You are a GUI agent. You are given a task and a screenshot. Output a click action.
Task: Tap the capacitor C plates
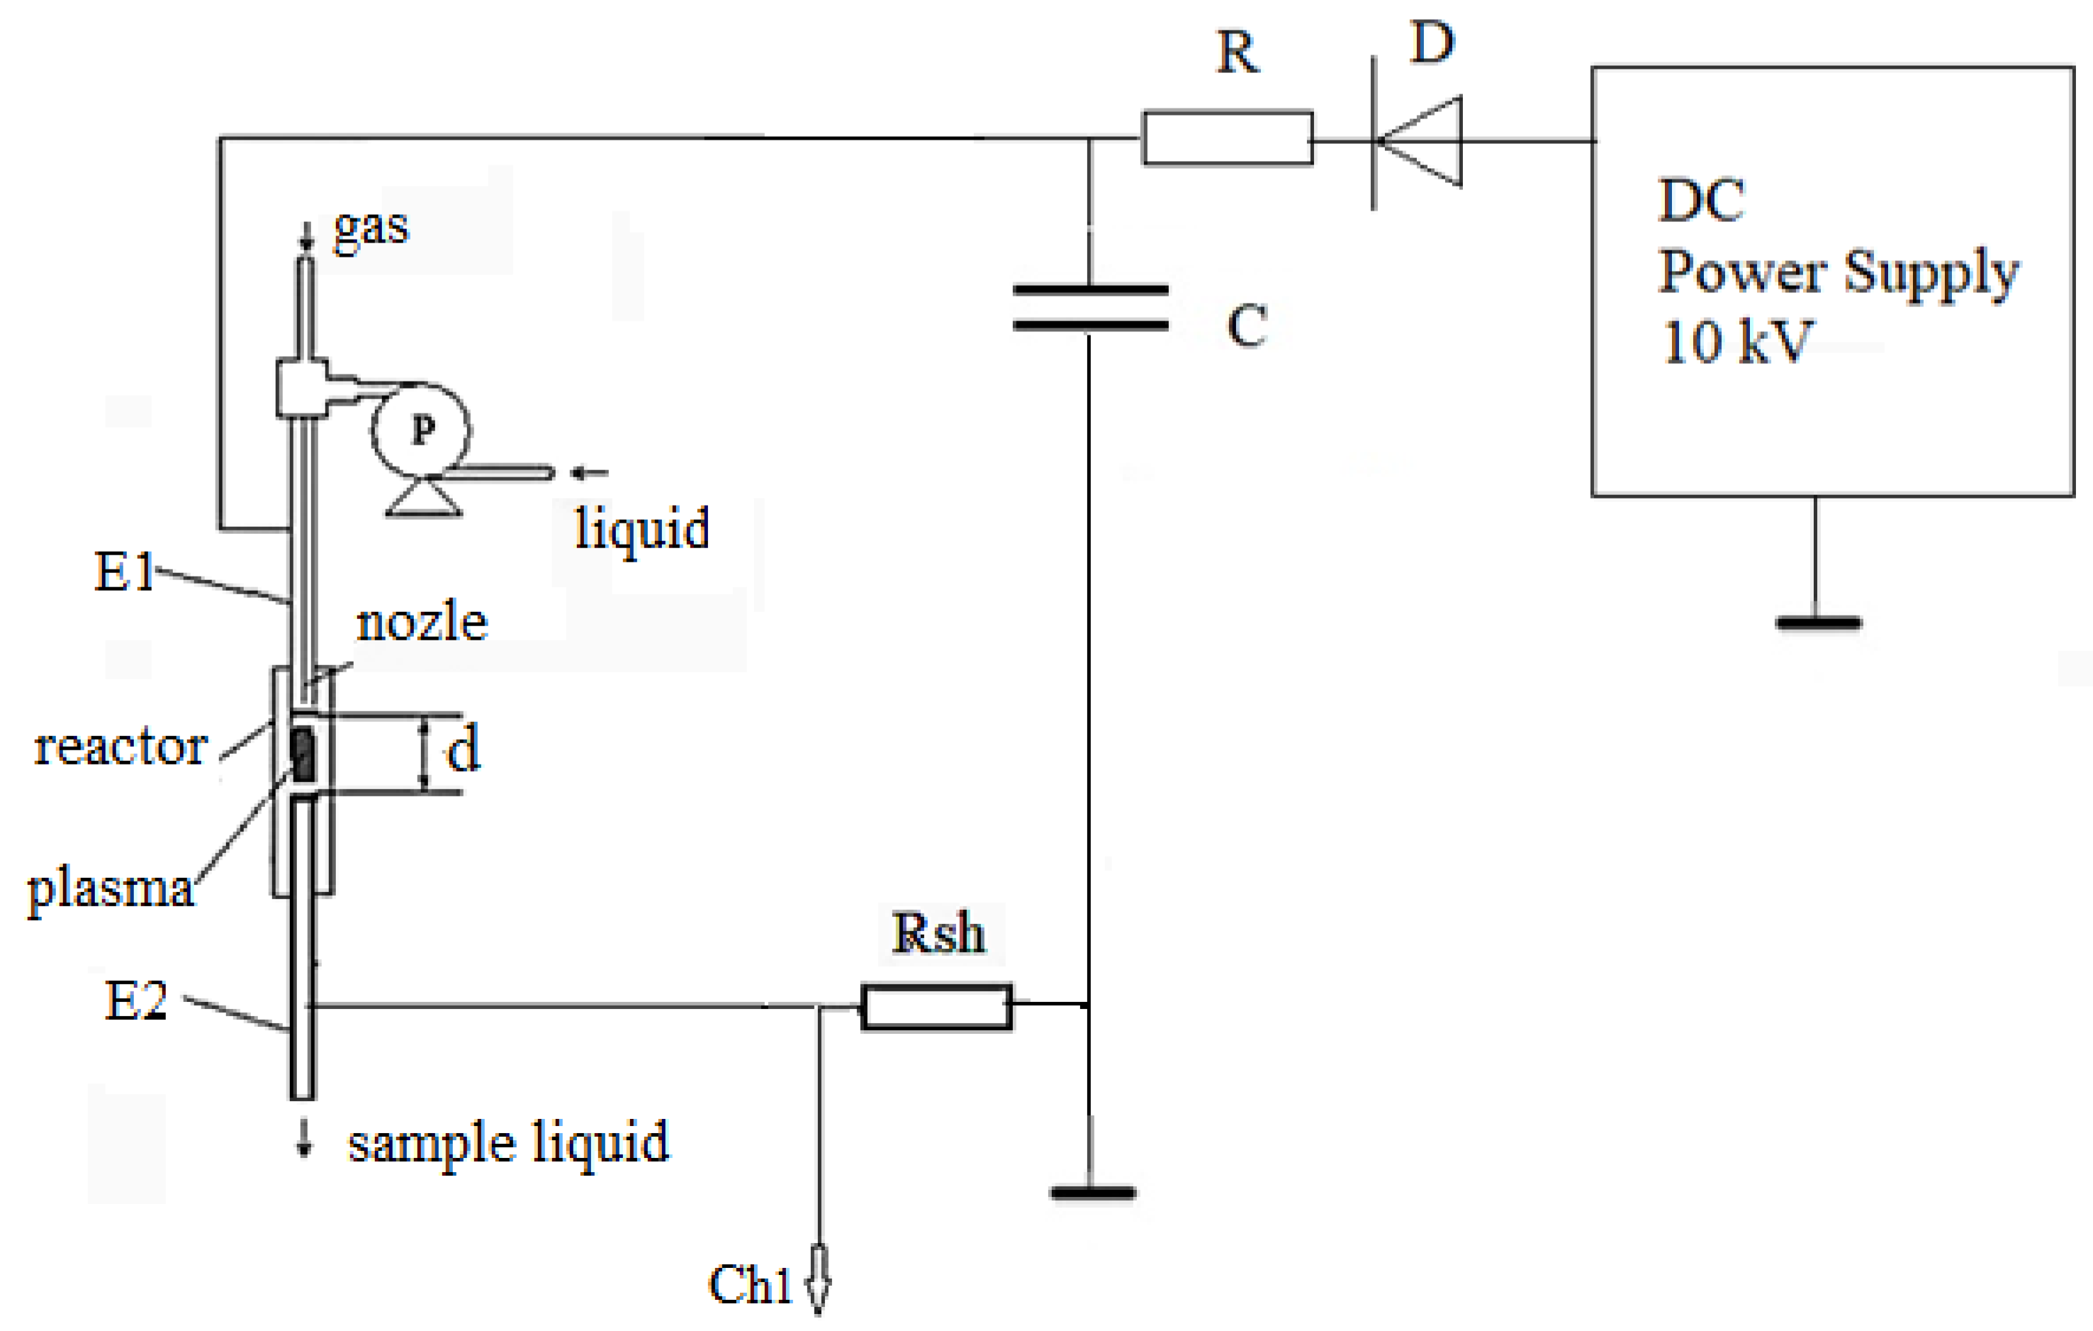[1090, 308]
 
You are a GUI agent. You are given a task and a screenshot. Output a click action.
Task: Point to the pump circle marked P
[421, 430]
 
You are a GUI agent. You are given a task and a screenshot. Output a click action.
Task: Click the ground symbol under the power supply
[1818, 623]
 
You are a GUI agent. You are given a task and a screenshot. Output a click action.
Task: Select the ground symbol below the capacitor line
[1092, 1192]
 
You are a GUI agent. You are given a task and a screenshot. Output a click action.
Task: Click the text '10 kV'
[1736, 342]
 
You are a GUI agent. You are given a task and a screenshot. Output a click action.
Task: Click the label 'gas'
[371, 228]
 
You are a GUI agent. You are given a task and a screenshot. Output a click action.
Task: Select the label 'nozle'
[422, 623]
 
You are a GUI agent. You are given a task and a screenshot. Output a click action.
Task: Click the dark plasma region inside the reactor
[303, 754]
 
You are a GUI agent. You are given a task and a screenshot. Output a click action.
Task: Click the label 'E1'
[123, 572]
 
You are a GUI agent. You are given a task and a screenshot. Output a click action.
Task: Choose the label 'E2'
[135, 1000]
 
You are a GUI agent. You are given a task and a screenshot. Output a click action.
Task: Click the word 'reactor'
[120, 746]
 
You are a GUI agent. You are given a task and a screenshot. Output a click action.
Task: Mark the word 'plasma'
[111, 889]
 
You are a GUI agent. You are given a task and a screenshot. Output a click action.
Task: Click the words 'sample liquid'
[508, 1142]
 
